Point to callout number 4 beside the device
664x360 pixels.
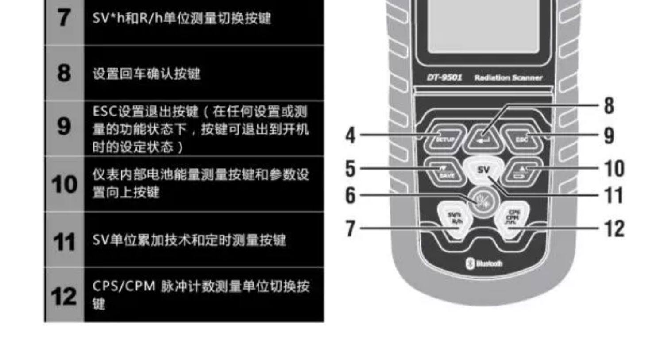(x=350, y=135)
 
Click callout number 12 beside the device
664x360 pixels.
(x=614, y=229)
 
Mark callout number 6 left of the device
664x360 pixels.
(x=350, y=195)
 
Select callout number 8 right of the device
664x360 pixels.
(x=609, y=106)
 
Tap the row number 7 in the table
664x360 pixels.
(x=64, y=18)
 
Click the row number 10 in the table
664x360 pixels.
(x=64, y=184)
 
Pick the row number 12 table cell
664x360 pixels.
(x=64, y=296)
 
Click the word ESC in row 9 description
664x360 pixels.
(x=104, y=112)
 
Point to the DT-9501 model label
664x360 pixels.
(x=444, y=77)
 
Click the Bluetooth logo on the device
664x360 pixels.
(x=485, y=263)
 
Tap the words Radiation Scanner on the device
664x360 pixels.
(x=508, y=78)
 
